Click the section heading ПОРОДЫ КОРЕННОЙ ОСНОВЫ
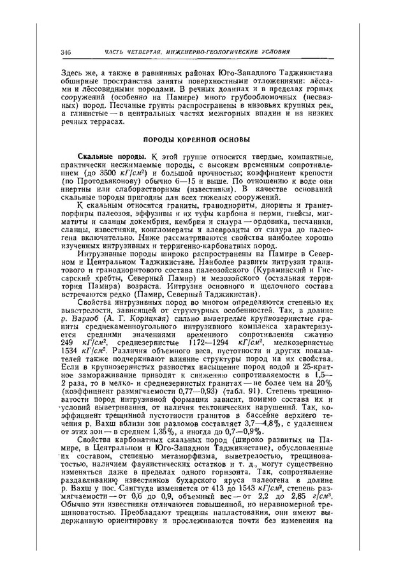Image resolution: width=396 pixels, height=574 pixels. click(x=198, y=139)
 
